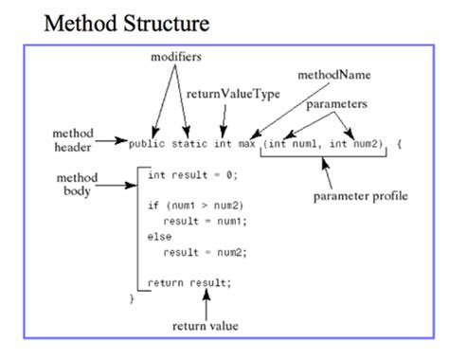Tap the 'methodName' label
pos(332,74)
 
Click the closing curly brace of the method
pos(132,297)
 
